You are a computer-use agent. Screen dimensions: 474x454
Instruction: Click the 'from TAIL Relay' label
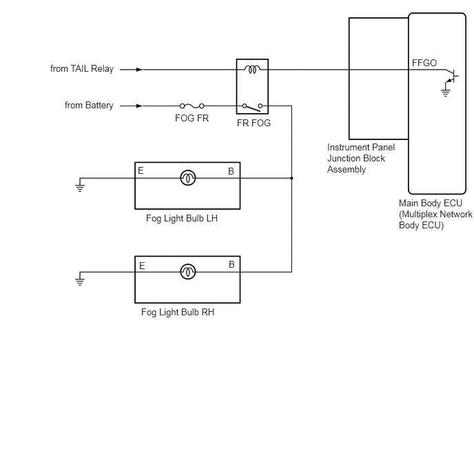[82, 69]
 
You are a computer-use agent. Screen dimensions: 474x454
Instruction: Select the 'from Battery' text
[89, 106]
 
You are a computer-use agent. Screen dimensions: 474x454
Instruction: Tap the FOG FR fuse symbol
[192, 106]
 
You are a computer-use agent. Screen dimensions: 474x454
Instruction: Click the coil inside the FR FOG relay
[252, 69]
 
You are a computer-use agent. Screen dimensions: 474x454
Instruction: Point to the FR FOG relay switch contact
[252, 107]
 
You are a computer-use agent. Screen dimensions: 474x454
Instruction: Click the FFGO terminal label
[424, 63]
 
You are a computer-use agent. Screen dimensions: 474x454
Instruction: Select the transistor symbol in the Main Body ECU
[452, 76]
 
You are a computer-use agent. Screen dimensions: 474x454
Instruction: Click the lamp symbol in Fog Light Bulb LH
[187, 178]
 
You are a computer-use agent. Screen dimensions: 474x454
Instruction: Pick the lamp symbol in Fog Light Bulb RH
[187, 272]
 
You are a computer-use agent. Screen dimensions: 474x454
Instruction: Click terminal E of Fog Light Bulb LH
[141, 170]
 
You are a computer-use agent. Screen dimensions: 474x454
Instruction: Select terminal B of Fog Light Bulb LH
[231, 171]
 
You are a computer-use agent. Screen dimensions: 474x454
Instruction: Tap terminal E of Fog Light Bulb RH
[142, 266]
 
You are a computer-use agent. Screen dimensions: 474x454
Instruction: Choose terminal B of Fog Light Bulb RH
[231, 264]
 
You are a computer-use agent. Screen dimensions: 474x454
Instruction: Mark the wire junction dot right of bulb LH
[291, 178]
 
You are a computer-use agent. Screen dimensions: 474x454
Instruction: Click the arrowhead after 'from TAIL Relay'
[139, 70]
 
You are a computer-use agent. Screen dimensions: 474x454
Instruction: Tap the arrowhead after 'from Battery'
[139, 106]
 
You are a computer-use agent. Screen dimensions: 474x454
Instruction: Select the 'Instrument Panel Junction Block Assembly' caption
[361, 158]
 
